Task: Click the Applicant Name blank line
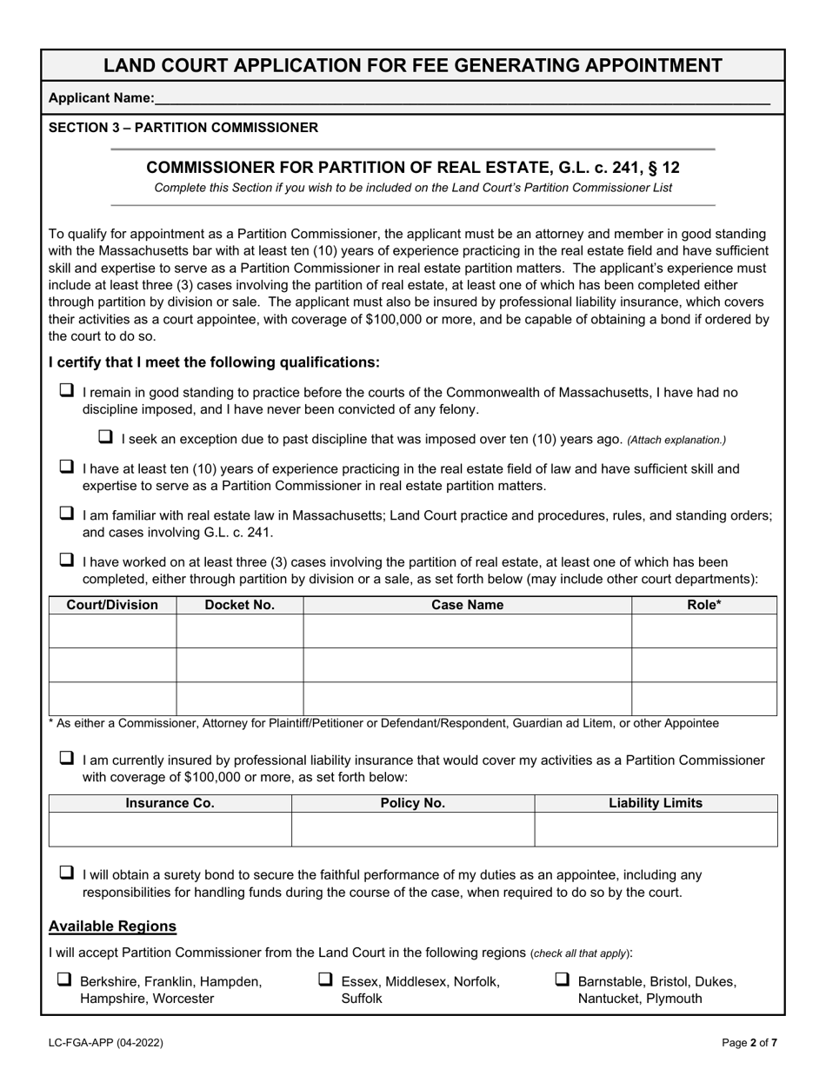pos(461,99)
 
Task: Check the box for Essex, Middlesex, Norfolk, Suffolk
pos(325,979)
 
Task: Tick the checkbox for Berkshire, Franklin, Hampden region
pos(64,979)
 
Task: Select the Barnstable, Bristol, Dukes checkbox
pos(563,979)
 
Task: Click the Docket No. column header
pos(239,605)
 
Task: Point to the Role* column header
pos(703,605)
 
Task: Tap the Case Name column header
pos(467,605)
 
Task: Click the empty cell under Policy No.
pos(413,829)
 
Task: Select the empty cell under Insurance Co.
pos(170,829)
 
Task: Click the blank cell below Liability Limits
pos(656,829)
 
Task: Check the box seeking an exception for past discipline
pos(106,437)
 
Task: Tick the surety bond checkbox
pos(66,873)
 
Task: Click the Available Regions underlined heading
pos(112,926)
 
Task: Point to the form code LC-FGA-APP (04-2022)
pos(105,1042)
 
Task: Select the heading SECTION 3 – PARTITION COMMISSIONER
pos(183,128)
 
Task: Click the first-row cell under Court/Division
pos(112,631)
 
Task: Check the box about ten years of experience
pos(66,468)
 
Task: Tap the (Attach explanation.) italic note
pos(676,440)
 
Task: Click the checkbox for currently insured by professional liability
pos(66,759)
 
